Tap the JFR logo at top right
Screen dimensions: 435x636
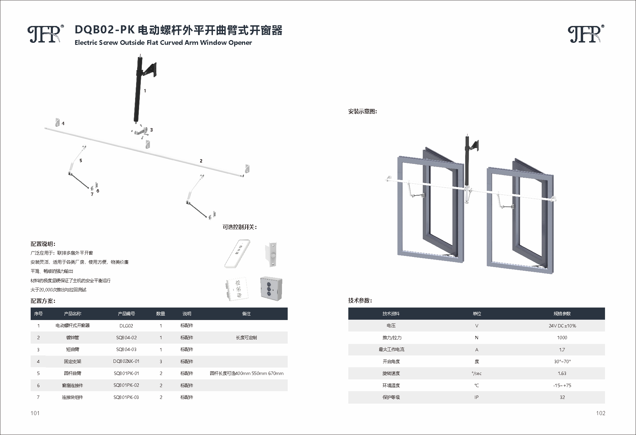click(x=585, y=34)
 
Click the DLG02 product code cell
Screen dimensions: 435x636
click(x=126, y=326)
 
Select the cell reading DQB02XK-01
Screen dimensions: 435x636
click(x=126, y=361)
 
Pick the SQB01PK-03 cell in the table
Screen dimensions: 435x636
click(x=126, y=397)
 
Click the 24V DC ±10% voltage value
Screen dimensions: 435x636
click(x=562, y=326)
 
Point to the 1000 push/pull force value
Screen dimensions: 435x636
click(x=562, y=338)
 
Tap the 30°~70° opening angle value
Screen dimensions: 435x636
click(x=562, y=361)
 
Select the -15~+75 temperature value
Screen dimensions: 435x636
click(x=562, y=385)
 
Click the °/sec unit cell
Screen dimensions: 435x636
click(x=476, y=373)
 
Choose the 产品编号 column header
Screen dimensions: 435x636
click(x=126, y=314)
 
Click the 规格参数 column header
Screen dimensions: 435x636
click(x=562, y=314)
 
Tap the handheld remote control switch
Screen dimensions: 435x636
click(x=237, y=254)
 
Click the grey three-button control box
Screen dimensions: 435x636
click(x=271, y=288)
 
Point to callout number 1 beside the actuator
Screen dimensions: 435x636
click(x=145, y=91)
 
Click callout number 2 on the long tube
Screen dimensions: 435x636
click(x=201, y=161)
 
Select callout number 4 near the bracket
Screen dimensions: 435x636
click(x=63, y=123)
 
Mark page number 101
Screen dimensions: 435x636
click(x=35, y=413)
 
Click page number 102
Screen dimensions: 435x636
click(x=600, y=413)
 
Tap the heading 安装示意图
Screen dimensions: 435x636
click(x=362, y=112)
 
